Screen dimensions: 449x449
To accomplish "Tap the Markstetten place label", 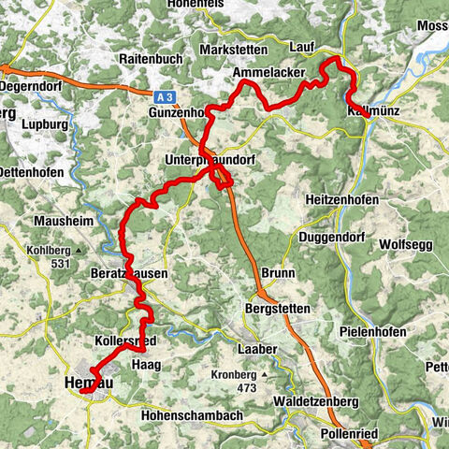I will (x=233, y=49).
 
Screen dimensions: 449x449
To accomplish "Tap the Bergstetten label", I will (x=278, y=307).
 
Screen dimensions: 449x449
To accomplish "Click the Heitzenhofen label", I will (x=348, y=201).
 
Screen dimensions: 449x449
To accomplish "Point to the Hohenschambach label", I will (x=191, y=414).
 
